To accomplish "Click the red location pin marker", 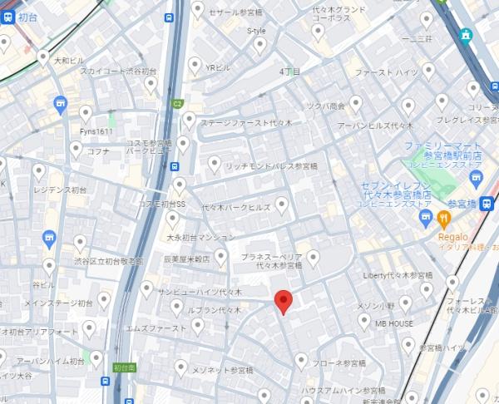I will pyautogui.click(x=284, y=302).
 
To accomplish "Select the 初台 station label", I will pyautogui.click(x=27, y=16).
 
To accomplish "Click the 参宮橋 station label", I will pyautogui.click(x=467, y=203).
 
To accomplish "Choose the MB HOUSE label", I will pyautogui.click(x=394, y=323).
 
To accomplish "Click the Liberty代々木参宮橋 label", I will pyautogui.click(x=398, y=275).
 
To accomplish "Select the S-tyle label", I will pyautogui.click(x=256, y=31).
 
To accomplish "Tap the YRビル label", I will pyautogui.click(x=217, y=67).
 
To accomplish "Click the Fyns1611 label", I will pyautogui.click(x=96, y=131).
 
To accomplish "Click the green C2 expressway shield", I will pyautogui.click(x=177, y=104).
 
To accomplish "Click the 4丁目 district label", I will pyautogui.click(x=290, y=71).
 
